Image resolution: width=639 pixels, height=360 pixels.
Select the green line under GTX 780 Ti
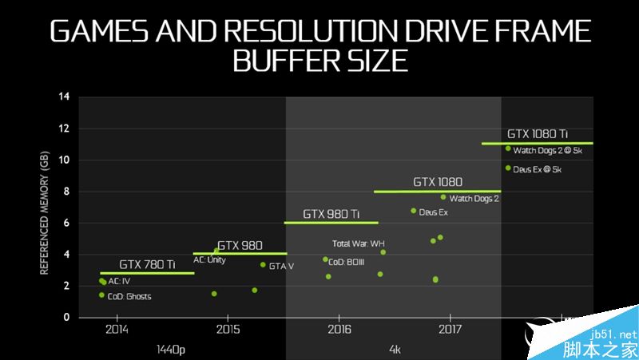[x=147, y=273]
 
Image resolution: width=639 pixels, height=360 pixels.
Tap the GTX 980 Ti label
[x=331, y=214]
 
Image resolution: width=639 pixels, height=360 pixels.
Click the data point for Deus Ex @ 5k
[x=508, y=168]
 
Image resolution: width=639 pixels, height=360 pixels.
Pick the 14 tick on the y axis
[x=65, y=97]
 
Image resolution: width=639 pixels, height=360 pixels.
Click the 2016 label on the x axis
[x=339, y=329]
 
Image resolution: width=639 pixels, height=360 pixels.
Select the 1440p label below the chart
[x=172, y=349]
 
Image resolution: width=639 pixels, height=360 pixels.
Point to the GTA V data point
[x=263, y=265]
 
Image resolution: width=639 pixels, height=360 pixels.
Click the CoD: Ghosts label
[x=129, y=297]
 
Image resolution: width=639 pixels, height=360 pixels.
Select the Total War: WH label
[x=359, y=243]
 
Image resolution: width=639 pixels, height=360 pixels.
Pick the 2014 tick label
[x=117, y=329]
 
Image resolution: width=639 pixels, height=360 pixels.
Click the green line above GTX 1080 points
[x=437, y=192]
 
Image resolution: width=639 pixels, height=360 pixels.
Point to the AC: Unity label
[x=209, y=259]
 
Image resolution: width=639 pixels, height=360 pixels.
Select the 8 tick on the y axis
[x=67, y=192]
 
